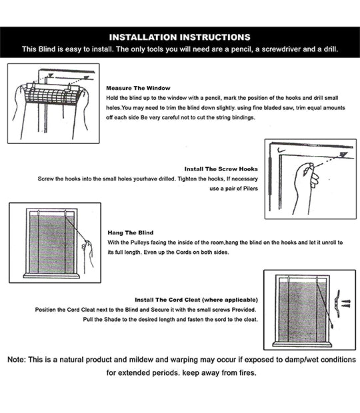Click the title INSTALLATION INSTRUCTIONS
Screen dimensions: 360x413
180,37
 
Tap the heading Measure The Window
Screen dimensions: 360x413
138,88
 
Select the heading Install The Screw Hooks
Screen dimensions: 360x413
221,169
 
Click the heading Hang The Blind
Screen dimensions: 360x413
131,232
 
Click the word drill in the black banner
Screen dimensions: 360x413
330,49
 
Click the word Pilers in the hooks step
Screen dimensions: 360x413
251,189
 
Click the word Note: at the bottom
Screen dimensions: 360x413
17,360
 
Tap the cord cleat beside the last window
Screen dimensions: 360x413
337,304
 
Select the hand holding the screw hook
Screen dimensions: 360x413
306,185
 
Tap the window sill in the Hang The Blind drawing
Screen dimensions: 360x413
51,276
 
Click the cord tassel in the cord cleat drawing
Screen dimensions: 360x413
331,326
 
